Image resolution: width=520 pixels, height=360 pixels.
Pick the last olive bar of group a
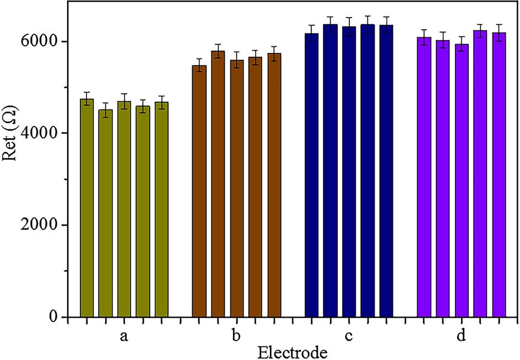(x=161, y=209)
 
